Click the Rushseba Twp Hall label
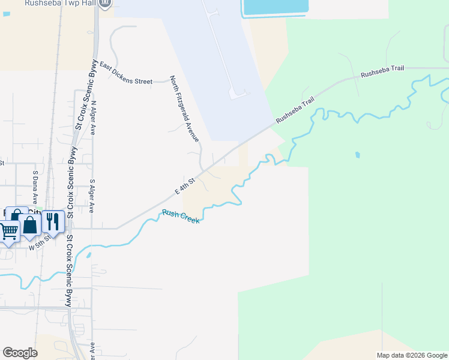click(59, 4)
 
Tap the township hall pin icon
click(105, 4)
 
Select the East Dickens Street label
click(127, 73)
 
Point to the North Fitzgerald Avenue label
click(184, 109)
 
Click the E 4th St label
click(185, 185)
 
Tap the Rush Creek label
click(181, 217)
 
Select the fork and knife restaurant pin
click(53, 222)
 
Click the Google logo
click(20, 353)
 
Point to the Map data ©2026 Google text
click(411, 355)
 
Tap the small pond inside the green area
click(358, 155)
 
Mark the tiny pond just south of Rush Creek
click(89, 254)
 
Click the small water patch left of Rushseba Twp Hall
click(6, 14)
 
